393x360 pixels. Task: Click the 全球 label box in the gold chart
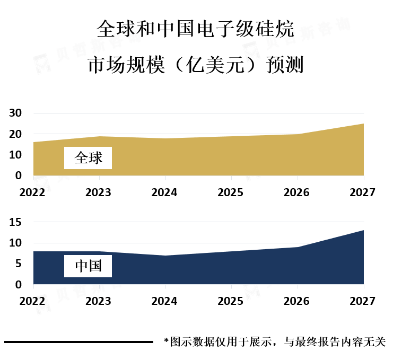(88, 158)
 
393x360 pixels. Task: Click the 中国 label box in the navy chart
(88, 266)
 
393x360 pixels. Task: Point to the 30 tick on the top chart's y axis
(15, 113)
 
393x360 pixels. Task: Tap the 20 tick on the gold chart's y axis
(15, 134)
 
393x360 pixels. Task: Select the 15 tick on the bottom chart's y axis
(15, 222)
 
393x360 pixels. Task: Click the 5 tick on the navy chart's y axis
(18, 264)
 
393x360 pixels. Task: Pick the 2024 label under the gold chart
(164, 192)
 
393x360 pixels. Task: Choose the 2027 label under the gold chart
(362, 192)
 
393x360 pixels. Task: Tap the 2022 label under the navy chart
(32, 301)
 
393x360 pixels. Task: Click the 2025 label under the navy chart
(230, 301)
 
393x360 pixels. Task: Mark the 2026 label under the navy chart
(296, 301)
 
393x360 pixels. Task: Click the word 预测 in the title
(285, 65)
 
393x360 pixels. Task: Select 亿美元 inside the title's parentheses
(215, 65)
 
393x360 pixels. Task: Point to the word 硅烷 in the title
(275, 29)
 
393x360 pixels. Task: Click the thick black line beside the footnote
(78, 342)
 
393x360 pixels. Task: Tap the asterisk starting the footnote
(166, 341)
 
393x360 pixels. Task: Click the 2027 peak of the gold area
(364, 124)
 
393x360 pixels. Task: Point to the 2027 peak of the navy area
(364, 230)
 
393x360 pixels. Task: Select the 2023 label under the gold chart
(98, 192)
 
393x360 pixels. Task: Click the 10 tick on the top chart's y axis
(15, 155)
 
